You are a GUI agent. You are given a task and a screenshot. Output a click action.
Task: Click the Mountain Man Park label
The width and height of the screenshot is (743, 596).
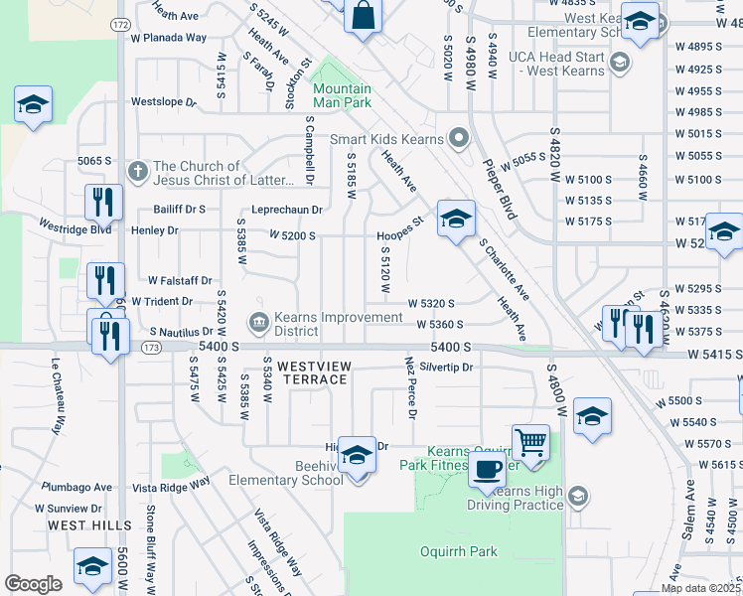pos(342,94)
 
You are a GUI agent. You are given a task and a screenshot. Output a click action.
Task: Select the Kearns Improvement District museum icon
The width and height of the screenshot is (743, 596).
pos(257,321)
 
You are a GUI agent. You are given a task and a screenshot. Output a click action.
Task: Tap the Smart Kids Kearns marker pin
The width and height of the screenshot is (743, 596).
pos(458,138)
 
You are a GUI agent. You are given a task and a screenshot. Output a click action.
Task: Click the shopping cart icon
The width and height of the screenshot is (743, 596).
pos(530,442)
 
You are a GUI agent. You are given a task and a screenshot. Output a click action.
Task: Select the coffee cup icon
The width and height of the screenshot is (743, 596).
pos(487,470)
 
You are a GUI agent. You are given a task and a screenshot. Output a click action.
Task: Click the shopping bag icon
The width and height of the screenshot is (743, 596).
pos(364,16)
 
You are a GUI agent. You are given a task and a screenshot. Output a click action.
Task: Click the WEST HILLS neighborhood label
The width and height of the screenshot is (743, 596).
pos(89,524)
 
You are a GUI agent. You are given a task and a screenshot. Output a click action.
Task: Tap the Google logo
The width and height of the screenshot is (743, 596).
pos(32,584)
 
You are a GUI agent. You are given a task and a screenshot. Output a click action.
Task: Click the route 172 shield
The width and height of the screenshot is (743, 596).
pos(121,23)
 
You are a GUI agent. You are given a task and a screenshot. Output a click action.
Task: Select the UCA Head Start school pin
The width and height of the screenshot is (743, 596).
pos(620,64)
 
